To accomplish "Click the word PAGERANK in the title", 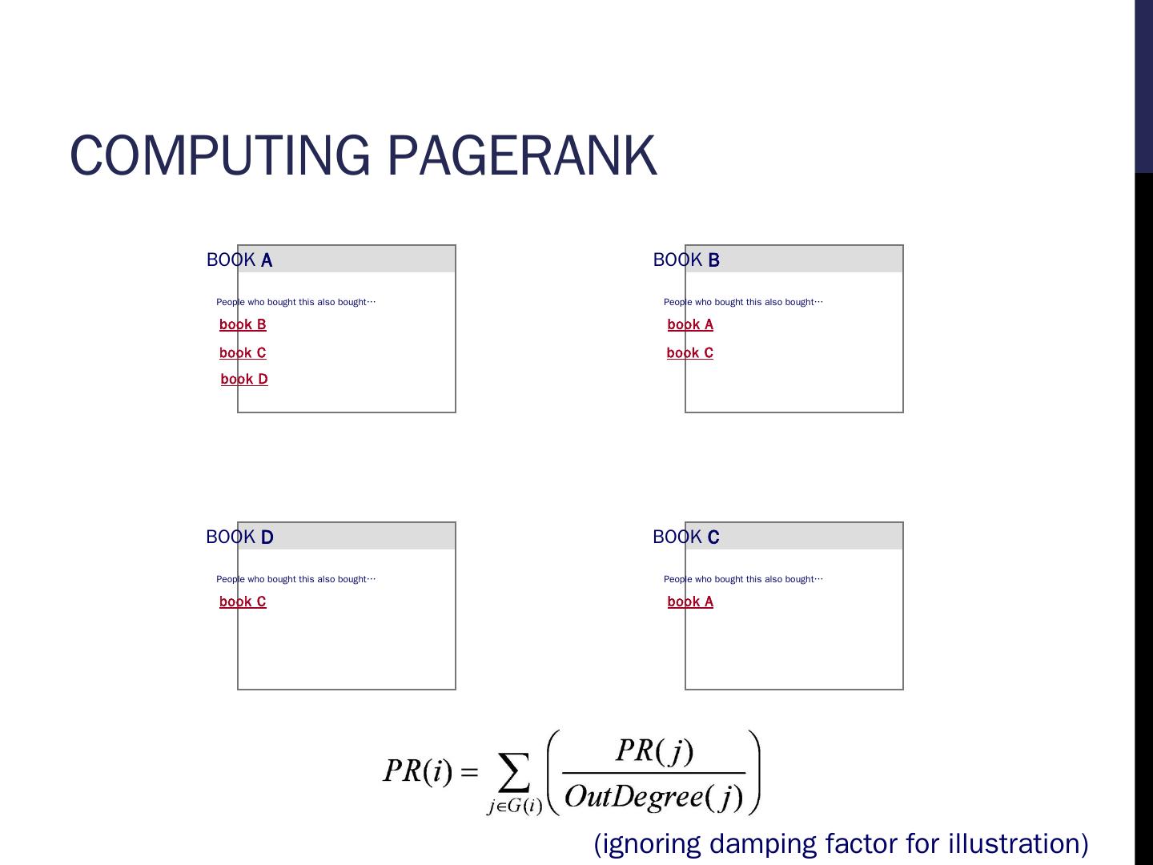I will (x=522, y=155).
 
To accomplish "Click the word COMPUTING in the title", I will (x=219, y=155).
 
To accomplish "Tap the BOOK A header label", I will (x=239, y=260).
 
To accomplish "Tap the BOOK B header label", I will (x=686, y=260).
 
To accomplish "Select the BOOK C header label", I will (x=686, y=537).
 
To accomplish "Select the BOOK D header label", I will (x=239, y=537).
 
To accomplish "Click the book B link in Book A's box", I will (x=243, y=324).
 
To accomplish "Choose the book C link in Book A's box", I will (x=243, y=352).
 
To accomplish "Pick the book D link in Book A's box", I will (x=244, y=379).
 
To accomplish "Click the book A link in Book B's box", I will (x=690, y=324).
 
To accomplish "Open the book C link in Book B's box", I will (x=690, y=352).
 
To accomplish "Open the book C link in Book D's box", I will (x=243, y=601).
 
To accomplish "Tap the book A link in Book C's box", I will (x=690, y=601).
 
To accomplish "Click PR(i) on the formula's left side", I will (x=418, y=770).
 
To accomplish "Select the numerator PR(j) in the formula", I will (x=654, y=750).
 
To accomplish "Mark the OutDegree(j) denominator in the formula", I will (x=654, y=796).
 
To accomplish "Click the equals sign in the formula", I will (x=469, y=772).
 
